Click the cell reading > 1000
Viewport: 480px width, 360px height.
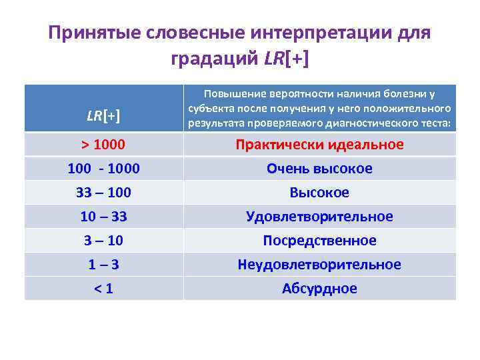point(103,145)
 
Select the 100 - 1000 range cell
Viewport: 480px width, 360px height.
point(103,169)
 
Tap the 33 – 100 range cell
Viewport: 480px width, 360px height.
point(103,193)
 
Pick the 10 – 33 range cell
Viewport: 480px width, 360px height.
point(103,217)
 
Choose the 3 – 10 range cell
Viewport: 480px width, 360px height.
point(103,241)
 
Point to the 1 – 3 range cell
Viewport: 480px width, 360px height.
point(103,265)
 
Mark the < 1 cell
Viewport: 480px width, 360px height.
point(103,289)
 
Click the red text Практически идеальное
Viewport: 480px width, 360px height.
point(319,145)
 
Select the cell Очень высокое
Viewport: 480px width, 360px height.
point(319,169)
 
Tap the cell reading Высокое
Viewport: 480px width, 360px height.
point(319,193)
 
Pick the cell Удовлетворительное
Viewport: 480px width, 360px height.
point(319,217)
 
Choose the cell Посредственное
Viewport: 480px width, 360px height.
point(319,241)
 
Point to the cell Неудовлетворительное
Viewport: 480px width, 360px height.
point(319,265)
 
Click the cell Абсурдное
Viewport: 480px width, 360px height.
point(319,289)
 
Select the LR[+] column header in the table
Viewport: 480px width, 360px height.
point(103,116)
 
